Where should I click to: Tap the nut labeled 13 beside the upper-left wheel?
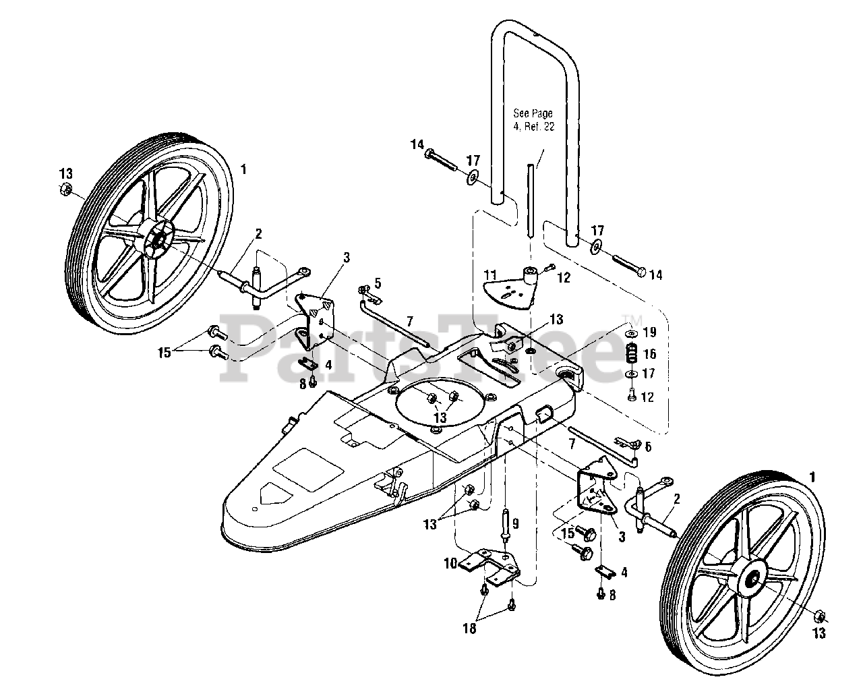pos(65,189)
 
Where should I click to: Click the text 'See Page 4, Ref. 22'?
pos(533,119)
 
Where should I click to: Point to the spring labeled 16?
pos(631,353)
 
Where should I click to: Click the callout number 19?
pos(649,332)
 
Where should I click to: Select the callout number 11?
pos(490,275)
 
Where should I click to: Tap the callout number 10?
pos(450,563)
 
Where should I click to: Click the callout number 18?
pos(469,629)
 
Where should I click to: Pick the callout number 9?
pos(515,524)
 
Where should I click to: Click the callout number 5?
pos(378,283)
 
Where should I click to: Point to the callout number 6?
pos(649,446)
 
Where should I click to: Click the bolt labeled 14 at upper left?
pos(441,161)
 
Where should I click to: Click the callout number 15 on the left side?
pos(164,353)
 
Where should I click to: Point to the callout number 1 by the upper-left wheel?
pos(243,169)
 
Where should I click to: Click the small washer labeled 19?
pos(631,334)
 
